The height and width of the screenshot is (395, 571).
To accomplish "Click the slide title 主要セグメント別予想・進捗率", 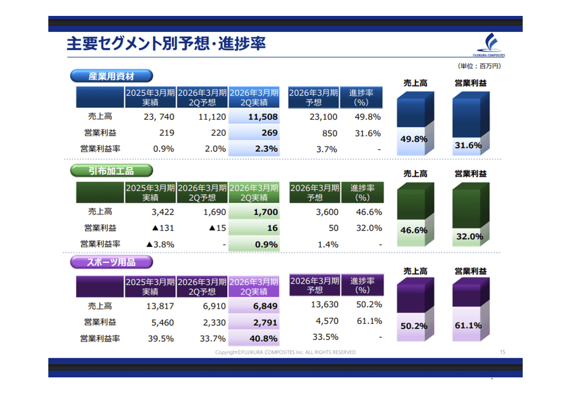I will point(166,44).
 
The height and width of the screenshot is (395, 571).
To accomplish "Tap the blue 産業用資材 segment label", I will point(111,76).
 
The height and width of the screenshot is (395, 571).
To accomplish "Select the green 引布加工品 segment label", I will point(111,171).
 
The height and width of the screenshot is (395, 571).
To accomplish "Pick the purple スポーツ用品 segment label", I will point(111,262).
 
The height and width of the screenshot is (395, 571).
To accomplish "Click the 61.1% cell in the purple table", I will point(370,321).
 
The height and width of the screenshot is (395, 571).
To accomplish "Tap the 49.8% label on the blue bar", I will point(413,139).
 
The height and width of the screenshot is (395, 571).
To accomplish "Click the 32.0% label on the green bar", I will point(469,236).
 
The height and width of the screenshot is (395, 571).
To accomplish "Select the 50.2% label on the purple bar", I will point(413,326).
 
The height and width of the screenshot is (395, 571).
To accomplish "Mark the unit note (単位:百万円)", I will point(479,66).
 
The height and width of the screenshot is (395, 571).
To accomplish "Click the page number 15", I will point(502,352).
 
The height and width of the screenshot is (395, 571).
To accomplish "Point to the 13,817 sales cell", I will point(161,306).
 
